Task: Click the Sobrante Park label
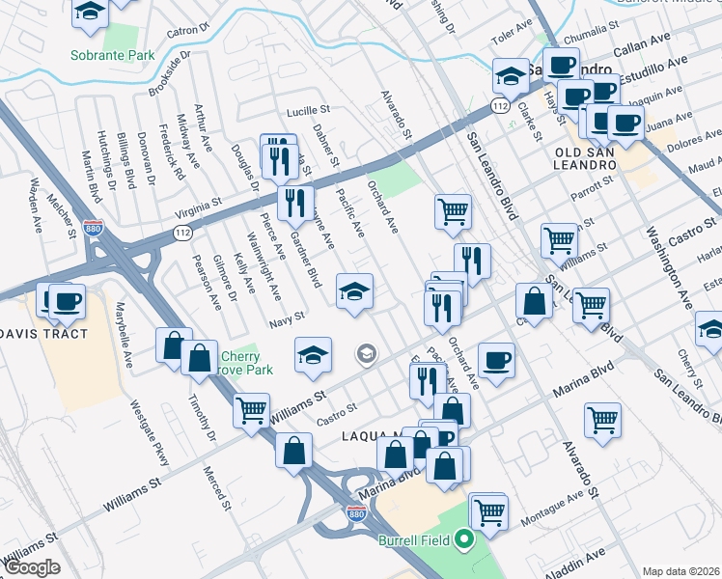click(x=112, y=55)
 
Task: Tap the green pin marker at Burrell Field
click(x=463, y=540)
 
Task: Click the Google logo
click(x=32, y=566)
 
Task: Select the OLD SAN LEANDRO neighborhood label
click(x=586, y=159)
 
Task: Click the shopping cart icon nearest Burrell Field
click(x=489, y=510)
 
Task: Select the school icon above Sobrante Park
click(x=90, y=12)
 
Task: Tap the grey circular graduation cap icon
click(x=366, y=354)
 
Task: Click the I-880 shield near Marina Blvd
click(x=356, y=518)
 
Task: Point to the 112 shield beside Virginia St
click(x=181, y=233)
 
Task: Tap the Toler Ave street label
click(x=512, y=41)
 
